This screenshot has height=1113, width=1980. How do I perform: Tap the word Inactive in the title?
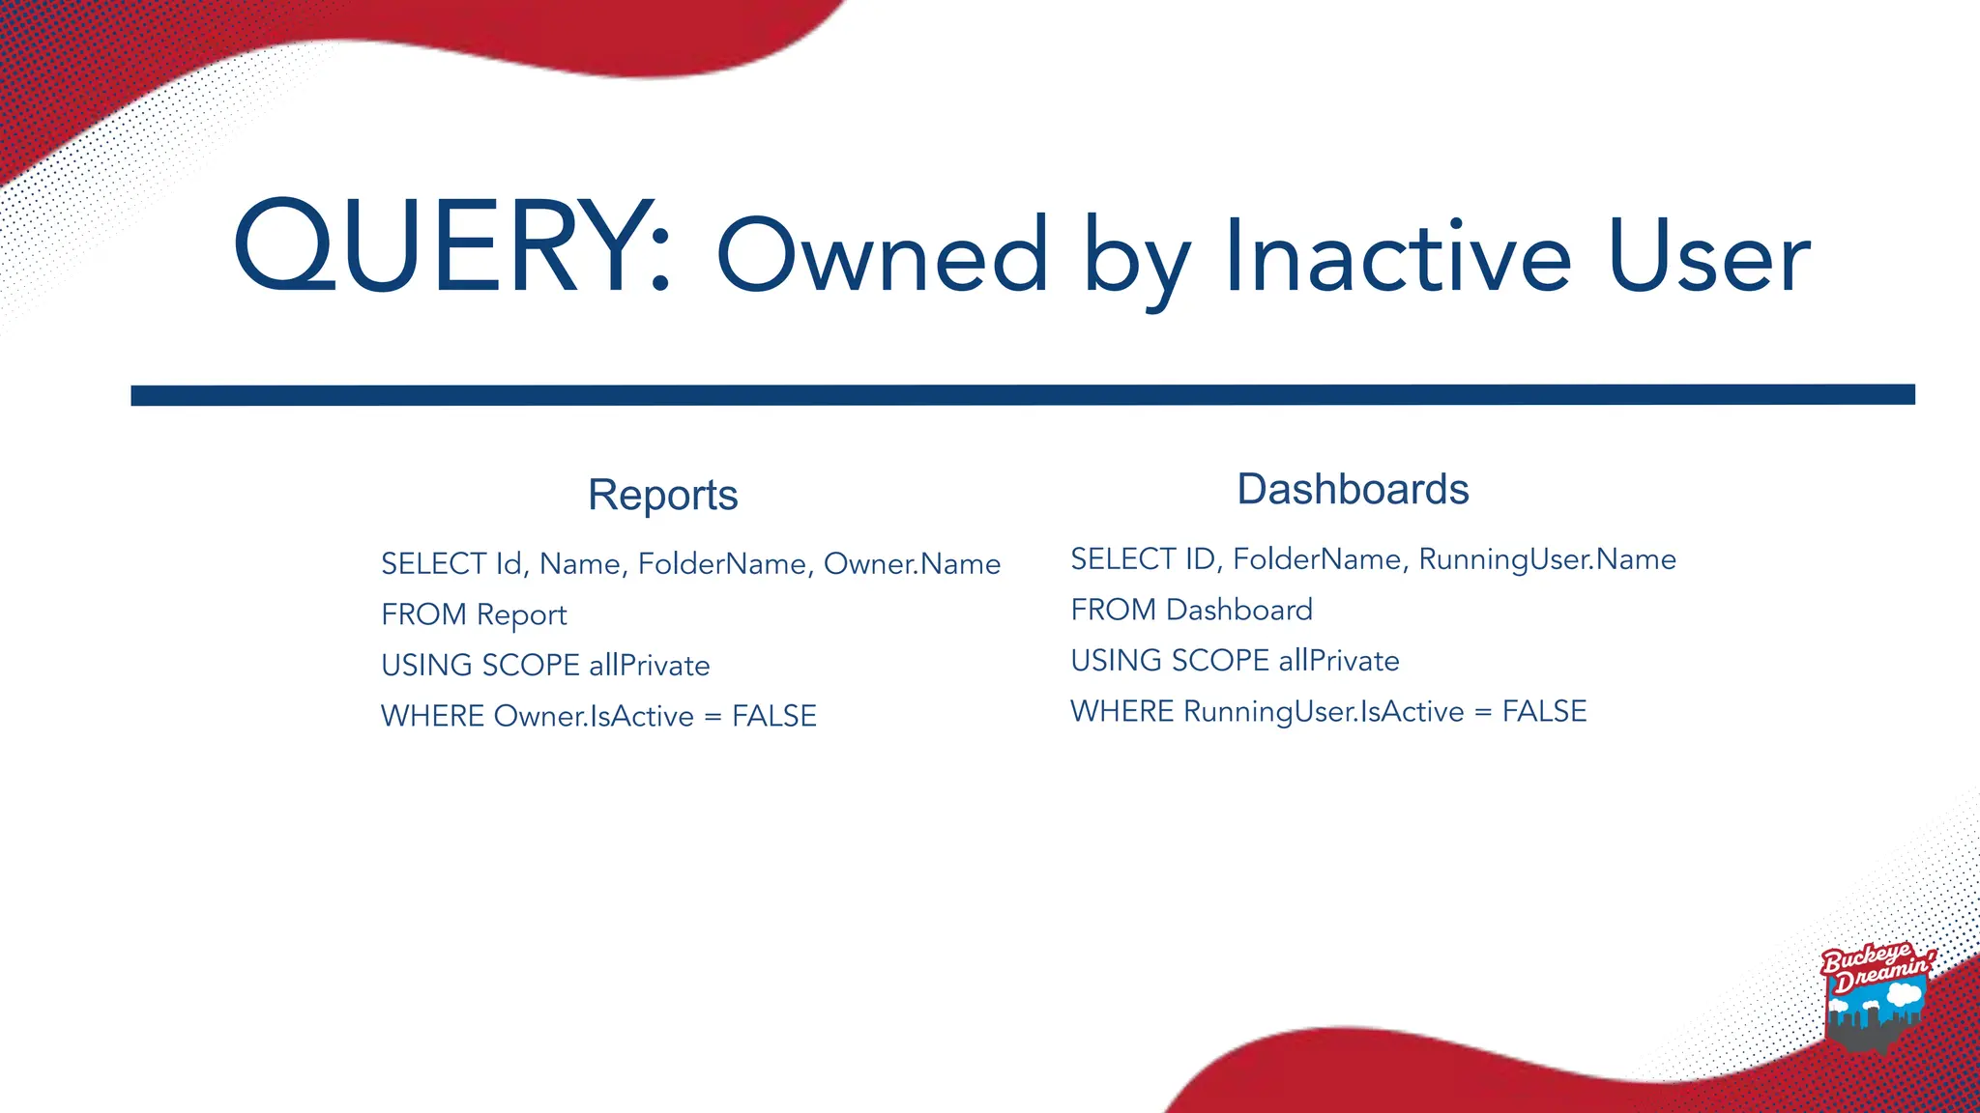coord(1398,257)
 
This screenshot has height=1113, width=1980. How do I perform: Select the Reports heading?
coord(662,495)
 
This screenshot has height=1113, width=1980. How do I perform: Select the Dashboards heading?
coord(1353,489)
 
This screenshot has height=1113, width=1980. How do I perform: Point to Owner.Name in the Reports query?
coord(912,564)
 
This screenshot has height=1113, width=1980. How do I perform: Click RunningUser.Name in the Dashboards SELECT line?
coord(1547,559)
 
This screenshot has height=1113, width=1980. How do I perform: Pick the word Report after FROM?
coord(521,615)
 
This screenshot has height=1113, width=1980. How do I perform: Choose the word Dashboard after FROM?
coord(1239,610)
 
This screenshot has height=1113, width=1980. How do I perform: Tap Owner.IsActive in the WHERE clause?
coord(594,716)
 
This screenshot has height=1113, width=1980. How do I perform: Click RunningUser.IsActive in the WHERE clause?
coord(1324,712)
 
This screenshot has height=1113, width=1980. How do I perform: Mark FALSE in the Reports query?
coord(774,716)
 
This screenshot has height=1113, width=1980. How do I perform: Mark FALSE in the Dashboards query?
coord(1544,712)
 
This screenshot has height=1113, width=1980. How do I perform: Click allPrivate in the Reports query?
coord(650,666)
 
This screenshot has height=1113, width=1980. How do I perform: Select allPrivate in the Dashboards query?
coord(1339,661)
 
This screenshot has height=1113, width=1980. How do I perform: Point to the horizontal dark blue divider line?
coord(1023,395)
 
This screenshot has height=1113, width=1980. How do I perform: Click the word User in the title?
coord(1708,257)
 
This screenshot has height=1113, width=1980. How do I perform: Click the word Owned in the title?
coord(882,255)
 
